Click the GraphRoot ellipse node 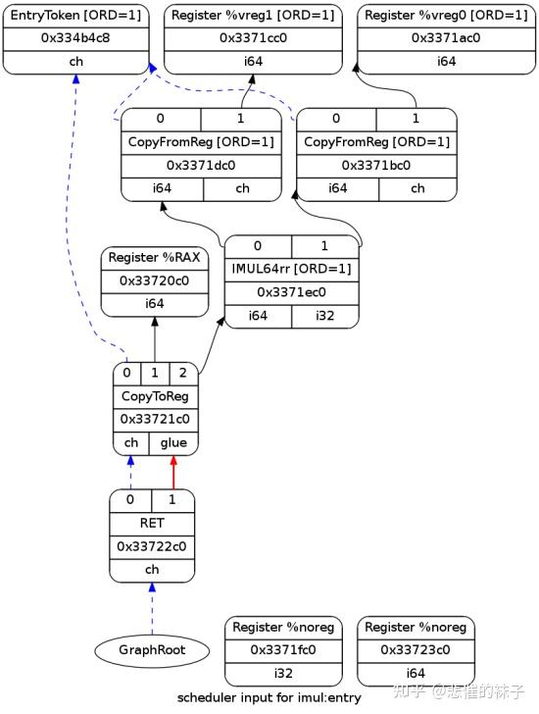[x=152, y=650]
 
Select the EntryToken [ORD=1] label [x=75, y=16]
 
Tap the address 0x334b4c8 [x=75, y=38]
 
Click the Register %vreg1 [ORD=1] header [x=252, y=16]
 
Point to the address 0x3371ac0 [x=446, y=38]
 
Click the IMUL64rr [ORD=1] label [x=292, y=269]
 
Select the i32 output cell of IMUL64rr [x=324, y=316]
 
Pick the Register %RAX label [x=155, y=258]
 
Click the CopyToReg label [x=156, y=396]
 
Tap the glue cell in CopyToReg [x=173, y=442]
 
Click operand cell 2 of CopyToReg [x=183, y=374]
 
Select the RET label [x=152, y=524]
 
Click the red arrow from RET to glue [x=173, y=473]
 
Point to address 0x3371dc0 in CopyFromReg [x=201, y=165]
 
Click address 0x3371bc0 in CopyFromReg [x=376, y=165]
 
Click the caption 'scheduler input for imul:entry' [x=269, y=698]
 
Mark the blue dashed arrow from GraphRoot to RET [x=152, y=608]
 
